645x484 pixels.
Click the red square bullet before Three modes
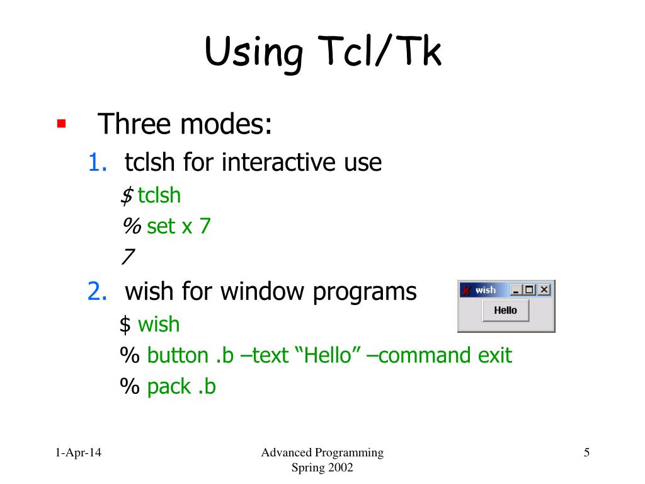(61, 123)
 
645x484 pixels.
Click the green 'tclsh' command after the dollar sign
(159, 195)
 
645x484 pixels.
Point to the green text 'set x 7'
(178, 226)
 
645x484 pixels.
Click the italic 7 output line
(128, 257)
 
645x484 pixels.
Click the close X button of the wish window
(544, 290)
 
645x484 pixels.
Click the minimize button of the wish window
(517, 290)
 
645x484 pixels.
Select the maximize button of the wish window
(530, 290)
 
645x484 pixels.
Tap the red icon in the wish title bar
(466, 290)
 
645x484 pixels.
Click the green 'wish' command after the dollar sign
(159, 325)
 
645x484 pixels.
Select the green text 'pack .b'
(181, 386)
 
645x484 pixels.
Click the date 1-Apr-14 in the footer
(78, 452)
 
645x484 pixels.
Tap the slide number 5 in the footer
(586, 452)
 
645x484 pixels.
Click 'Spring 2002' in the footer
(322, 468)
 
